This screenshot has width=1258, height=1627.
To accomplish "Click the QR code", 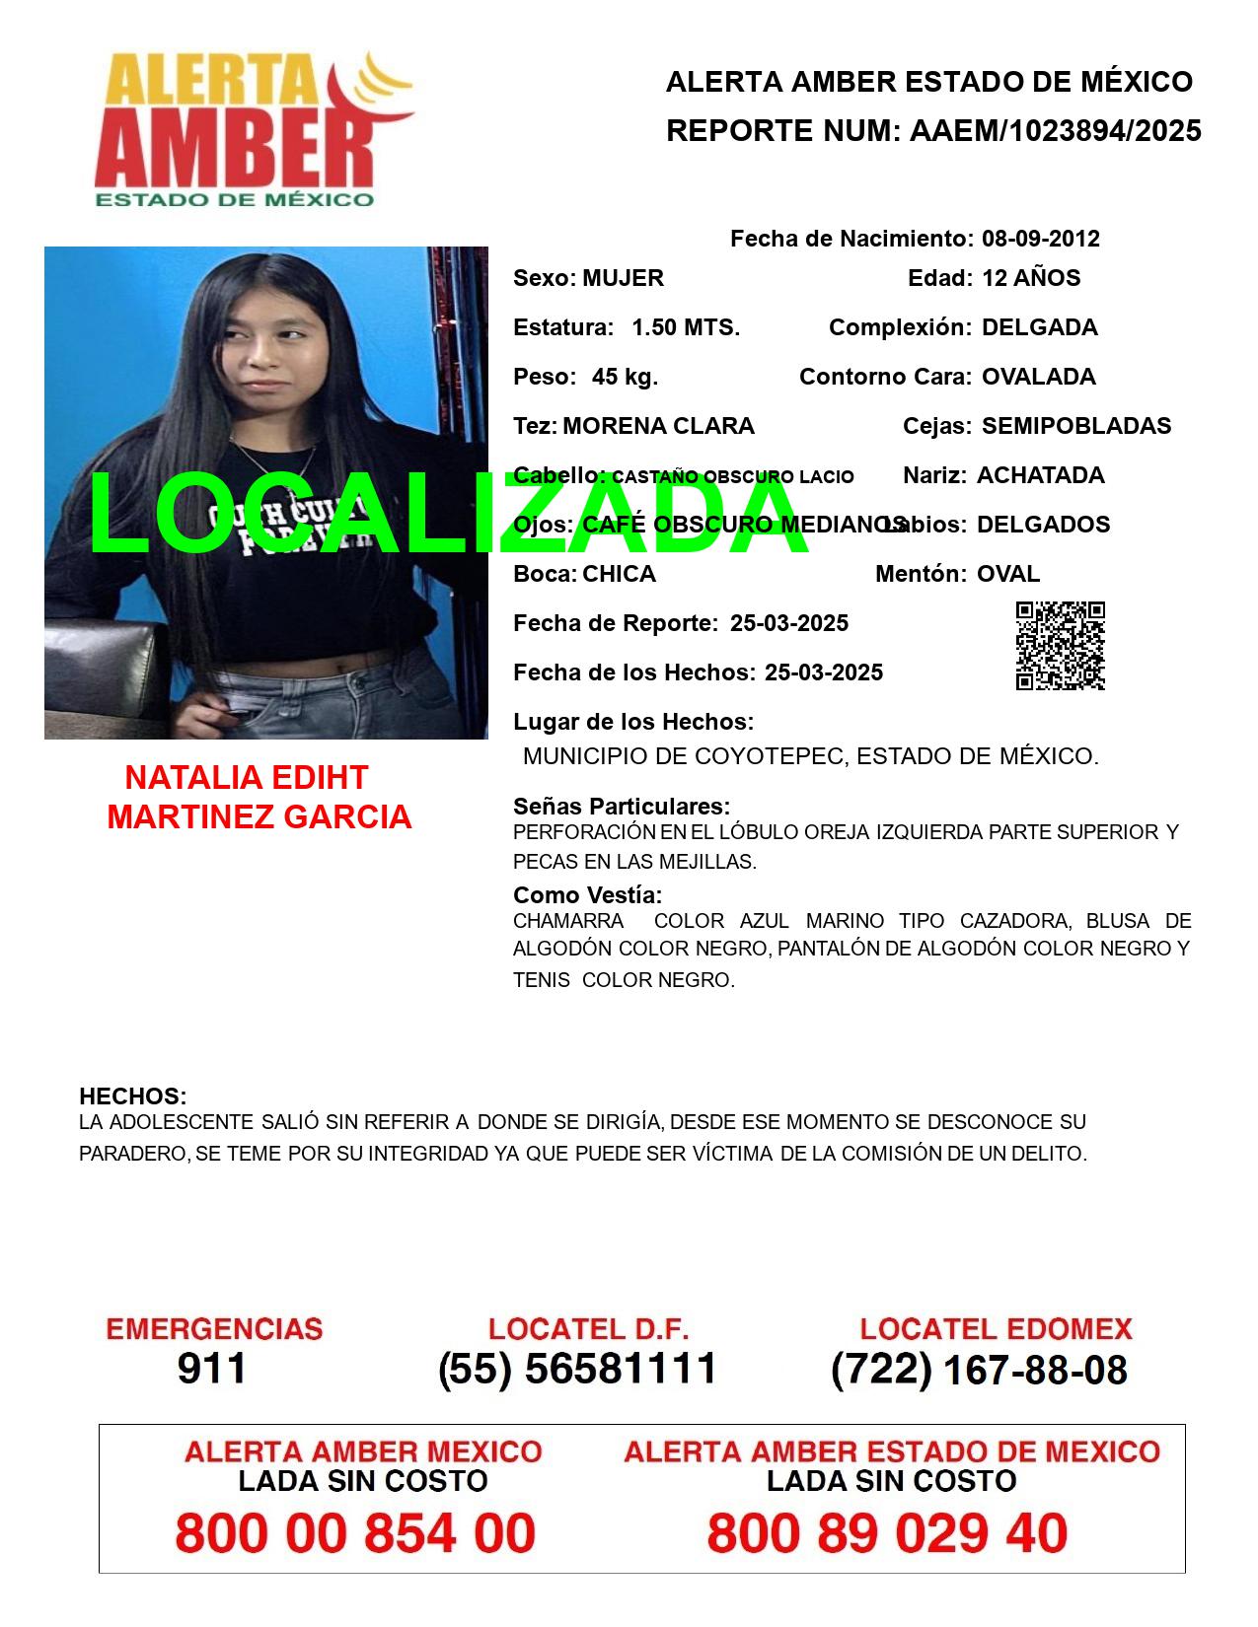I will click(1060, 646).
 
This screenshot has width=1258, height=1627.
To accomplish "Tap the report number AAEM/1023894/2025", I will click(1055, 131).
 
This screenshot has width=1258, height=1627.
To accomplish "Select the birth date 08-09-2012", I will click(1040, 239).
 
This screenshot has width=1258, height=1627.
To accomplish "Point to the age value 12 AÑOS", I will click(1030, 278).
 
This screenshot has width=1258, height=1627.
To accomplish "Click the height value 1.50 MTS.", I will click(685, 327).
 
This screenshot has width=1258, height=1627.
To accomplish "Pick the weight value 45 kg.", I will click(625, 377).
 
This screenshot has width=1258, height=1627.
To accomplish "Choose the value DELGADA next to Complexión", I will click(1039, 327).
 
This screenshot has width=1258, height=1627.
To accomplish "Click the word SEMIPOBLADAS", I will click(1075, 426).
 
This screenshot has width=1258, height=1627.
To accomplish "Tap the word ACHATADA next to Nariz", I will click(1040, 475).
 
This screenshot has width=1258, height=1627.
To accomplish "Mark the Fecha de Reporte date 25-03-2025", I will click(788, 623).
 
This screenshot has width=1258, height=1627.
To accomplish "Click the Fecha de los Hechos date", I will click(823, 672).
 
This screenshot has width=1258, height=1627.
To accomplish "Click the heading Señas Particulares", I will click(622, 807).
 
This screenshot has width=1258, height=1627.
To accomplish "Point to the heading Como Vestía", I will click(587, 895).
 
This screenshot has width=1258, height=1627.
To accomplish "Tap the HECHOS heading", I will click(132, 1096).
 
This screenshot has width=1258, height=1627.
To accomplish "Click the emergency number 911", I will click(212, 1369).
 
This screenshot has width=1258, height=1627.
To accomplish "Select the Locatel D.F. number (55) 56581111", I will click(577, 1369).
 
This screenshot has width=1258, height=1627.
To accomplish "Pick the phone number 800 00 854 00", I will click(355, 1533).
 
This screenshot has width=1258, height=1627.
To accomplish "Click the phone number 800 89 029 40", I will click(887, 1533).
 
